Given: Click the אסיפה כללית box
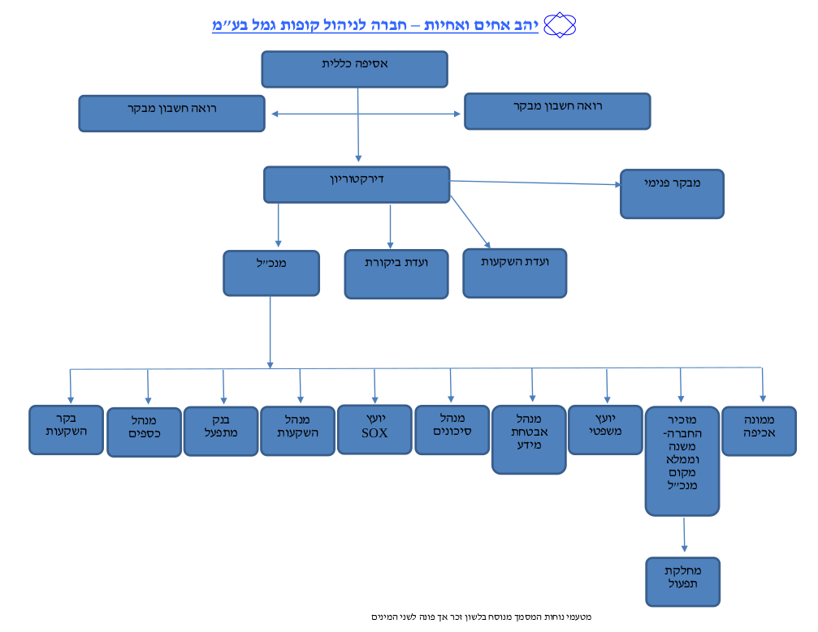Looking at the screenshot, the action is click(x=355, y=69).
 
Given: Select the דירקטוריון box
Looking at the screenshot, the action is click(x=357, y=184).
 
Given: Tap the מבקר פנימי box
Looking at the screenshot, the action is click(x=672, y=194).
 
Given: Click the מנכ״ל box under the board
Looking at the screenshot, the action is click(x=271, y=273).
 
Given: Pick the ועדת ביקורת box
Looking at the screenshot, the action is click(x=396, y=274).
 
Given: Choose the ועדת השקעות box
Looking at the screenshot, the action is click(x=515, y=273).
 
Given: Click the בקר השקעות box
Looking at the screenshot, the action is click(x=67, y=430).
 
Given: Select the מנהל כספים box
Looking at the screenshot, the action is click(x=144, y=432).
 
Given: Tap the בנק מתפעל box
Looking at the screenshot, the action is click(x=221, y=431).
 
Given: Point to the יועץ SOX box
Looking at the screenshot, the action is click(x=374, y=429).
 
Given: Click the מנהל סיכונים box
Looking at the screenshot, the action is click(x=452, y=430).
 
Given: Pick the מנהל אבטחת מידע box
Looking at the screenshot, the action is click(x=529, y=440).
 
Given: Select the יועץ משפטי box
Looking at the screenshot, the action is click(x=605, y=430).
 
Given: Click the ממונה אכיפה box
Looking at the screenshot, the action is click(x=759, y=431).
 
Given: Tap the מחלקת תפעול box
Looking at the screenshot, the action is click(x=683, y=582).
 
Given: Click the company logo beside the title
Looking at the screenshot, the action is click(x=560, y=25).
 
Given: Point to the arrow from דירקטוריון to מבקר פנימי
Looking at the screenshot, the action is click(x=535, y=183).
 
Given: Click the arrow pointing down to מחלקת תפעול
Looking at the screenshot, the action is click(x=684, y=535).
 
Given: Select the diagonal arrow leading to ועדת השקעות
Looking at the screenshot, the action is click(x=470, y=222).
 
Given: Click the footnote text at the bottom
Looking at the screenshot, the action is click(x=481, y=617).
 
